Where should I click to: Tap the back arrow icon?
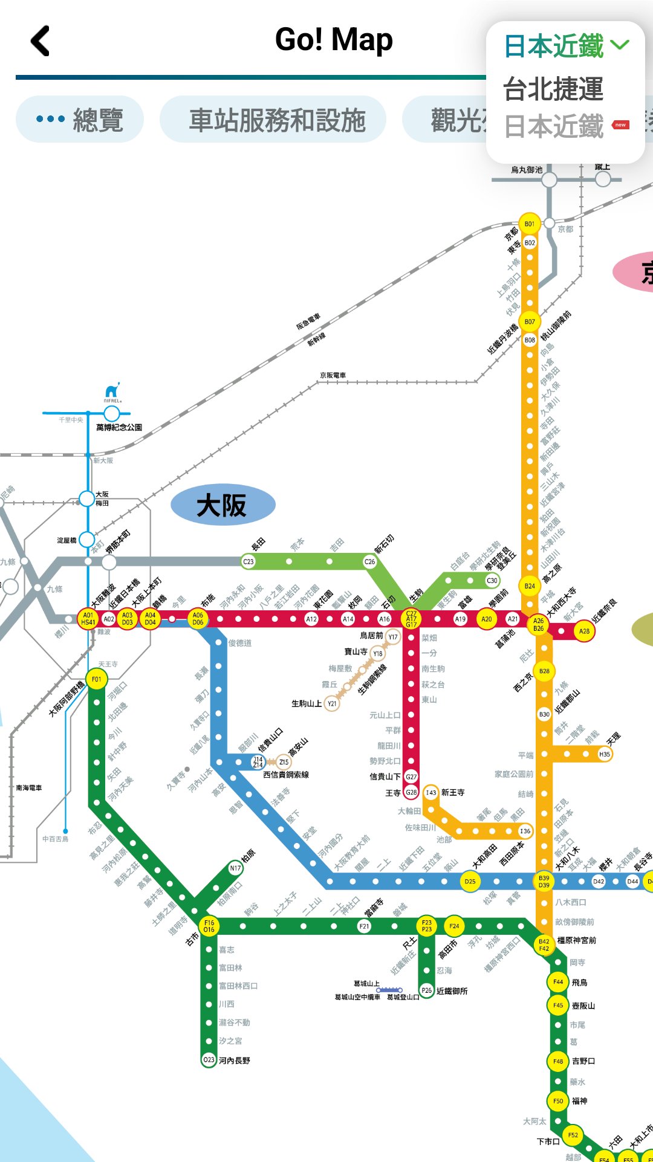(x=41, y=41)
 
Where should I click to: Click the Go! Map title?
(x=334, y=40)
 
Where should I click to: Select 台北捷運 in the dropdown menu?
(x=553, y=89)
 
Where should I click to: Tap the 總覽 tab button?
(x=80, y=120)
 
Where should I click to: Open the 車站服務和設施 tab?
(x=273, y=120)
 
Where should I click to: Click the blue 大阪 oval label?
(x=223, y=505)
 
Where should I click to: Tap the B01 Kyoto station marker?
(x=530, y=224)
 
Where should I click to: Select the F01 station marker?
(x=96, y=679)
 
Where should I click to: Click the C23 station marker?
(x=249, y=561)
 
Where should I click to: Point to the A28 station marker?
(x=584, y=631)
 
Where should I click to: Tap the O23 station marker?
(x=209, y=1059)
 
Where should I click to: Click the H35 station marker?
(x=605, y=754)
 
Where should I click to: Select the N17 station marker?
(x=235, y=868)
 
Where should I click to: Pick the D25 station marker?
(x=470, y=881)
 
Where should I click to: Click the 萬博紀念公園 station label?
(x=119, y=427)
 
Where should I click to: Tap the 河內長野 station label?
(x=235, y=1060)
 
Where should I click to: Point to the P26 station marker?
(x=427, y=990)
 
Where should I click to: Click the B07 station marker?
(x=530, y=321)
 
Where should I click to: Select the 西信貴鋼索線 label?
(x=286, y=775)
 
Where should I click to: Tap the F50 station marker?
(x=558, y=1101)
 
